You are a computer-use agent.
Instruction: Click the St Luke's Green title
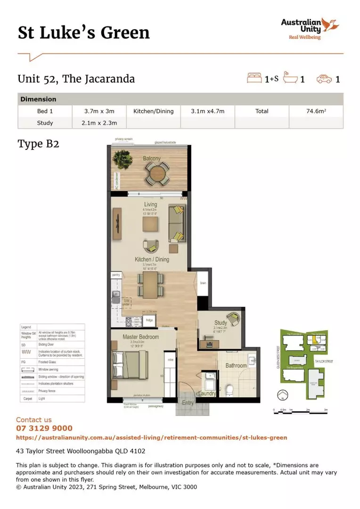point(83,33)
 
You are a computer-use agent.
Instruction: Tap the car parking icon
point(324,79)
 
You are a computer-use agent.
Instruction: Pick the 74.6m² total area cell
point(316,111)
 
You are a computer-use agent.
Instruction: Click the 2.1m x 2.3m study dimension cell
point(98,123)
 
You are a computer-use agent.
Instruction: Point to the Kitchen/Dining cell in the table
point(153,111)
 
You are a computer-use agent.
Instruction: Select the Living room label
point(150,205)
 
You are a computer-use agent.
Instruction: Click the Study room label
point(221,323)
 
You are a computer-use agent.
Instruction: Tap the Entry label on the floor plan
point(188,403)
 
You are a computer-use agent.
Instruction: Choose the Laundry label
point(207,394)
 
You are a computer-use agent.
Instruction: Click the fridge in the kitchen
point(149,320)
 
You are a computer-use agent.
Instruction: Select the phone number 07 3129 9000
point(44,428)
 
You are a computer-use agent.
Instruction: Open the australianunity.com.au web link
point(151,437)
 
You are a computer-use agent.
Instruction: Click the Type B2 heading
point(38,144)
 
